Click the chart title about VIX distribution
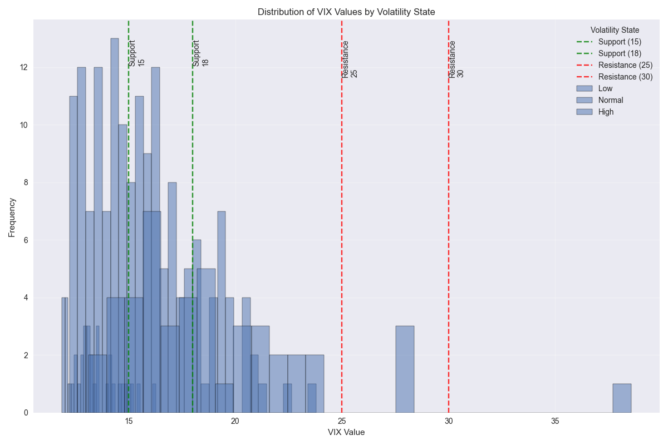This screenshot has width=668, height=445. pos(346,12)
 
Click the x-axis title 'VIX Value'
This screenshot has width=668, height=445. pos(346,432)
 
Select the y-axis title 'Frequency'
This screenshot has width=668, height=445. pos(12,217)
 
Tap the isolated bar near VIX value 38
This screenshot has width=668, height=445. pos(622,398)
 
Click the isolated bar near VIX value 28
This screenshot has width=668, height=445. pos(405,369)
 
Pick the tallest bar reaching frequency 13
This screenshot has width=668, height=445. pos(115,222)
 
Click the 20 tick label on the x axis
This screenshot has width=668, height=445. pos(235,421)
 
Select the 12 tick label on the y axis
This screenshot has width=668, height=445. pos(23,67)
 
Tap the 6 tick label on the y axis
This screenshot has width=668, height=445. pos(25,240)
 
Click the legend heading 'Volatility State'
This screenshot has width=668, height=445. pos(615,30)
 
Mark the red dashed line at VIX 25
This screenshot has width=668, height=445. pos(341,222)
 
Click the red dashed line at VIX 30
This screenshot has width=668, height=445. pos(449,222)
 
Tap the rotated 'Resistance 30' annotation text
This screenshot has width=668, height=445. pos(456,59)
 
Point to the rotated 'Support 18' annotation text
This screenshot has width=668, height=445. pos(200,53)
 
